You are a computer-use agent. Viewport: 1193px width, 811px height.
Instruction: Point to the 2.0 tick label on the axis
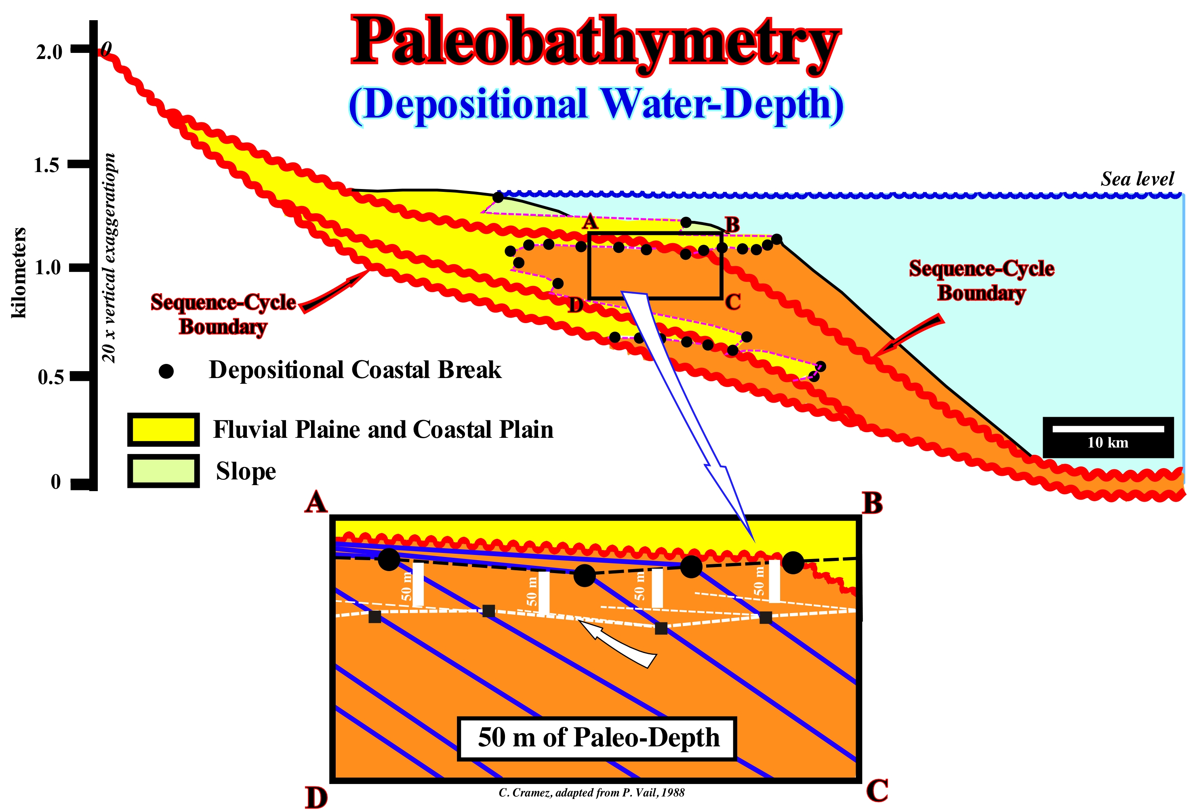[x=49, y=51]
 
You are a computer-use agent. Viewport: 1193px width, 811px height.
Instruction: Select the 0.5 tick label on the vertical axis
[x=51, y=377]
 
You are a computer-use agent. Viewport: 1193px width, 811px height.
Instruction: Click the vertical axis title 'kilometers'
[x=19, y=273]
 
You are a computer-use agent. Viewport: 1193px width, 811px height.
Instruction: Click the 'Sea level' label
[x=1136, y=179]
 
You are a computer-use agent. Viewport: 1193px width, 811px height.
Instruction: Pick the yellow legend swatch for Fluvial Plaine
[x=163, y=429]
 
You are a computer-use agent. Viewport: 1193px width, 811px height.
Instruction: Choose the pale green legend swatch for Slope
[x=163, y=471]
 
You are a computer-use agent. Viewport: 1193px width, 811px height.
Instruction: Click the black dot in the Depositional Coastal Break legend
[x=166, y=371]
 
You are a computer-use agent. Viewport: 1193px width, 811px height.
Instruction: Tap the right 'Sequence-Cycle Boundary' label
[x=981, y=280]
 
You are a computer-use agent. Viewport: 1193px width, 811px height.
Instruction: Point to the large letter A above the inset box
[x=316, y=502]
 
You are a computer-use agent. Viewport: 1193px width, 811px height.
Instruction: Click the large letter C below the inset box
[x=877, y=790]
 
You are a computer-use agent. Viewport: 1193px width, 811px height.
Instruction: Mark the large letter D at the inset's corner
[x=316, y=797]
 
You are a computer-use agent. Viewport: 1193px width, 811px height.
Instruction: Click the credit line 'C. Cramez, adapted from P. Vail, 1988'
[x=591, y=792]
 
